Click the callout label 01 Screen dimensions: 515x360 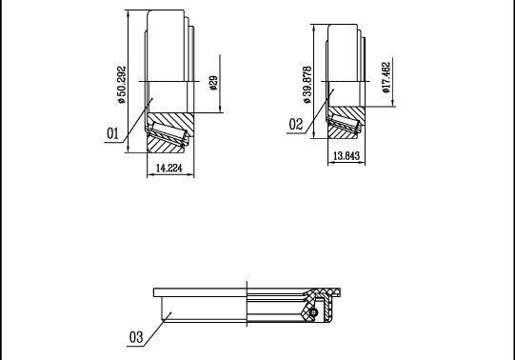point(112,133)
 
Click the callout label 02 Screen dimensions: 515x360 point(296,124)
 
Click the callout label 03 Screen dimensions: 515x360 point(136,337)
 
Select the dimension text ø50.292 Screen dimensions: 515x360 point(122,85)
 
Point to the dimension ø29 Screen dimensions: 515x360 point(213,83)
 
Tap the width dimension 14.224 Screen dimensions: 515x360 point(168,169)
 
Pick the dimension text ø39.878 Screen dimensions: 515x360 point(307,85)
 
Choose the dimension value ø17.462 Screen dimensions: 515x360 point(386,77)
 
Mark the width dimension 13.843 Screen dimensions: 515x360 point(347,155)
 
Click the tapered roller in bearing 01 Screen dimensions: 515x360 point(168,132)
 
